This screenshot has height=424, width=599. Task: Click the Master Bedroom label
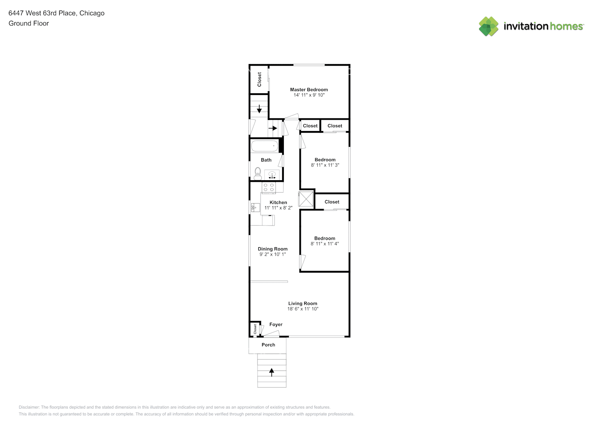click(309, 89)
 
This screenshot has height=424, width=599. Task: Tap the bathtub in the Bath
click(264, 146)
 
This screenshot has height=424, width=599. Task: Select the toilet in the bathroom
click(258, 173)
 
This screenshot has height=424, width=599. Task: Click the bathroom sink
click(272, 174)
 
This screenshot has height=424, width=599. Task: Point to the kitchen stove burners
click(269, 187)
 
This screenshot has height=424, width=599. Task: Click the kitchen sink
click(255, 207)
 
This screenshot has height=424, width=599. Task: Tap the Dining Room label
click(272, 249)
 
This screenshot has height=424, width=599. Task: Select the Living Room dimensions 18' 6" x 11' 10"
click(303, 309)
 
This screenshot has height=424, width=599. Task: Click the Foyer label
click(276, 324)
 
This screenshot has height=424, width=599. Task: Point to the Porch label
click(268, 345)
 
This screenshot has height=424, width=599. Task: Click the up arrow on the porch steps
click(272, 372)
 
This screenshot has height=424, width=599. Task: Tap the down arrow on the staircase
click(259, 109)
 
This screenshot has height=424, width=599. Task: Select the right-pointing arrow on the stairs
click(273, 128)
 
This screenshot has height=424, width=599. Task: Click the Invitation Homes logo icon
click(488, 26)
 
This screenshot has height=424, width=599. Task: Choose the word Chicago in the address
click(92, 13)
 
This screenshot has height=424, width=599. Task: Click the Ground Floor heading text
click(29, 23)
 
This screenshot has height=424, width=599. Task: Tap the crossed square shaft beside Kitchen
click(306, 199)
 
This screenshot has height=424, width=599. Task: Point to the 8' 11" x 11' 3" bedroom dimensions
click(325, 165)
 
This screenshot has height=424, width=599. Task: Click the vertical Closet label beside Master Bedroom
click(259, 79)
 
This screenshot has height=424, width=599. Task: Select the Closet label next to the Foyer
click(255, 329)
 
